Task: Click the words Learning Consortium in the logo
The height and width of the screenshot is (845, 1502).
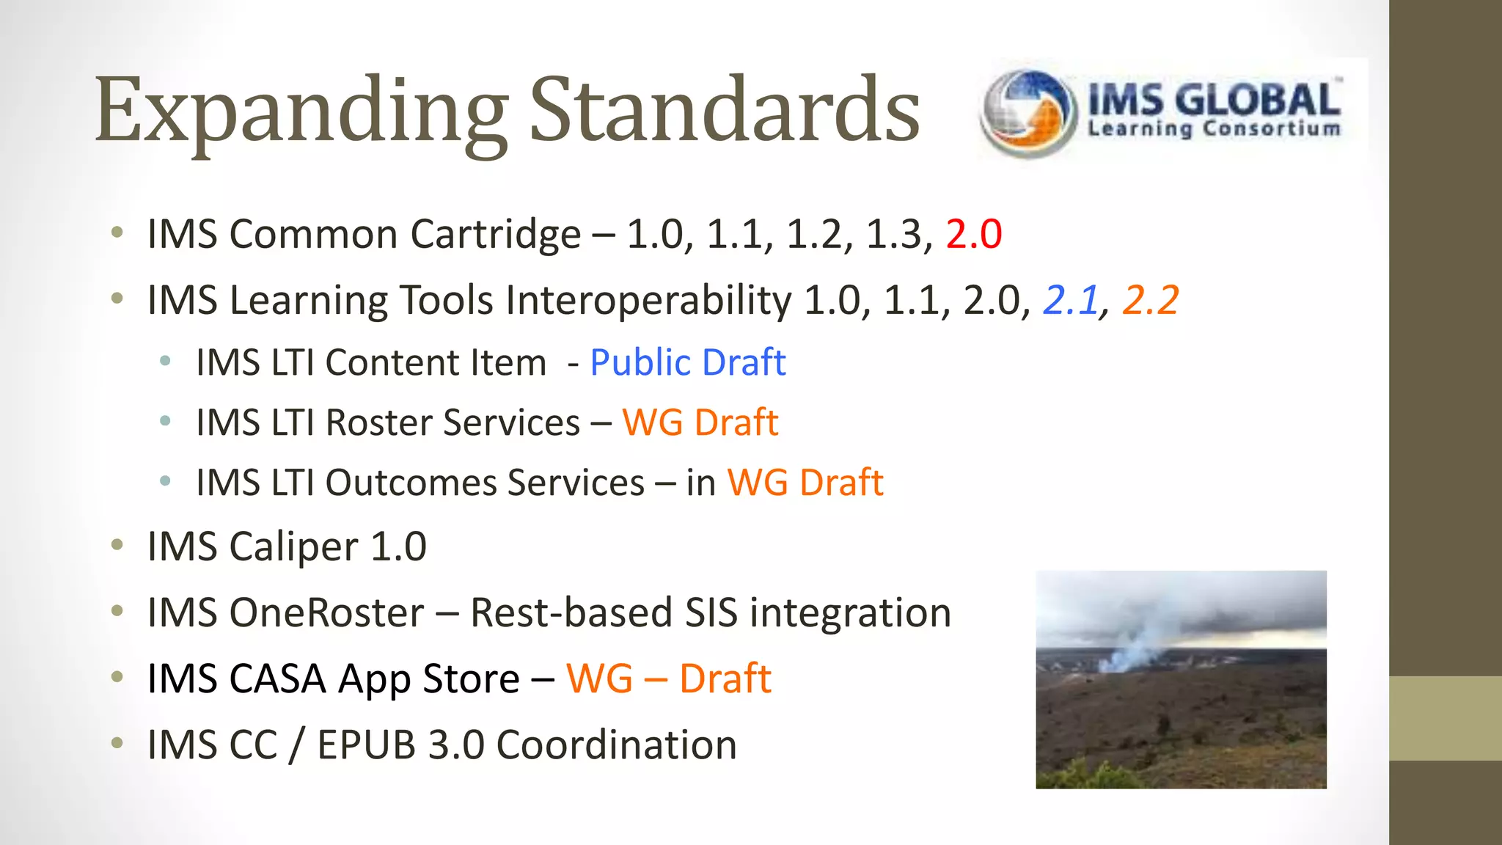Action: [x=1214, y=129]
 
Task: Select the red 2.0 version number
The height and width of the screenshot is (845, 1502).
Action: [x=973, y=235]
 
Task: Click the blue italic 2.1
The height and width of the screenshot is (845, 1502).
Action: [x=1071, y=300]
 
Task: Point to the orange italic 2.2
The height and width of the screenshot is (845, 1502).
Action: [x=1151, y=300]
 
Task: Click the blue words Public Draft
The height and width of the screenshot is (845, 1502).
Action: [x=687, y=362]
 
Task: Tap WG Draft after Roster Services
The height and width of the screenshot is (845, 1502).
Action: [x=700, y=422]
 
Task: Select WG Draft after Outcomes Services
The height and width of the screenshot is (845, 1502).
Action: [x=805, y=483]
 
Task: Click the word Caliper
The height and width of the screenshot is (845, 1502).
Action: [x=293, y=547]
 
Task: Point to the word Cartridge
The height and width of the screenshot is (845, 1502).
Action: [x=495, y=235]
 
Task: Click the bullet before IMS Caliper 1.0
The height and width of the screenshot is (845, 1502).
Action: [x=117, y=545]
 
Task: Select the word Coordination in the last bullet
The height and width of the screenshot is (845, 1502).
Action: [x=616, y=745]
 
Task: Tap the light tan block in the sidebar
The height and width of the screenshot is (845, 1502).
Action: [x=1445, y=717]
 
